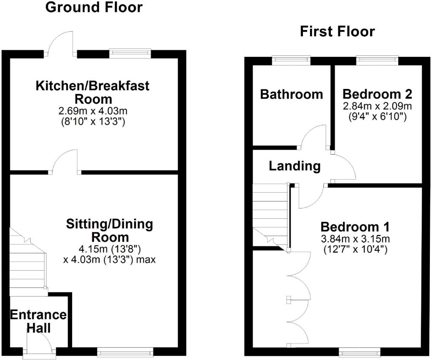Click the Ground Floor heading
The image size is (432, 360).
tap(94, 7)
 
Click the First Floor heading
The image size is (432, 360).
tap(337, 32)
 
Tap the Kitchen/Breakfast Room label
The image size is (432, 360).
tap(92, 92)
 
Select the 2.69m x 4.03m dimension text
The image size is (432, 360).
tap(93, 111)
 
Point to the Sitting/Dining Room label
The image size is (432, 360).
tap(109, 230)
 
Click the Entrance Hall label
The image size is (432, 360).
tap(38, 321)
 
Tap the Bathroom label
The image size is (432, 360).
tap(291, 94)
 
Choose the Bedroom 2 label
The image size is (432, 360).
tap(377, 93)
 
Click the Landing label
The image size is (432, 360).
tap(294, 166)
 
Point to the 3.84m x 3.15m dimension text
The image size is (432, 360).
tap(355, 239)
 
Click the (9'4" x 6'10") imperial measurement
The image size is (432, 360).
tap(377, 117)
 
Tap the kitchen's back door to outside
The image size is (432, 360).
tap(61, 46)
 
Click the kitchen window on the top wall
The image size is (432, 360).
tap(130, 53)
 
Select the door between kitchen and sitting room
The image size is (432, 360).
tap(65, 164)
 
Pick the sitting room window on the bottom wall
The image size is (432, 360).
tap(125, 351)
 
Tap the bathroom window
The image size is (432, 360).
tap(291, 60)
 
